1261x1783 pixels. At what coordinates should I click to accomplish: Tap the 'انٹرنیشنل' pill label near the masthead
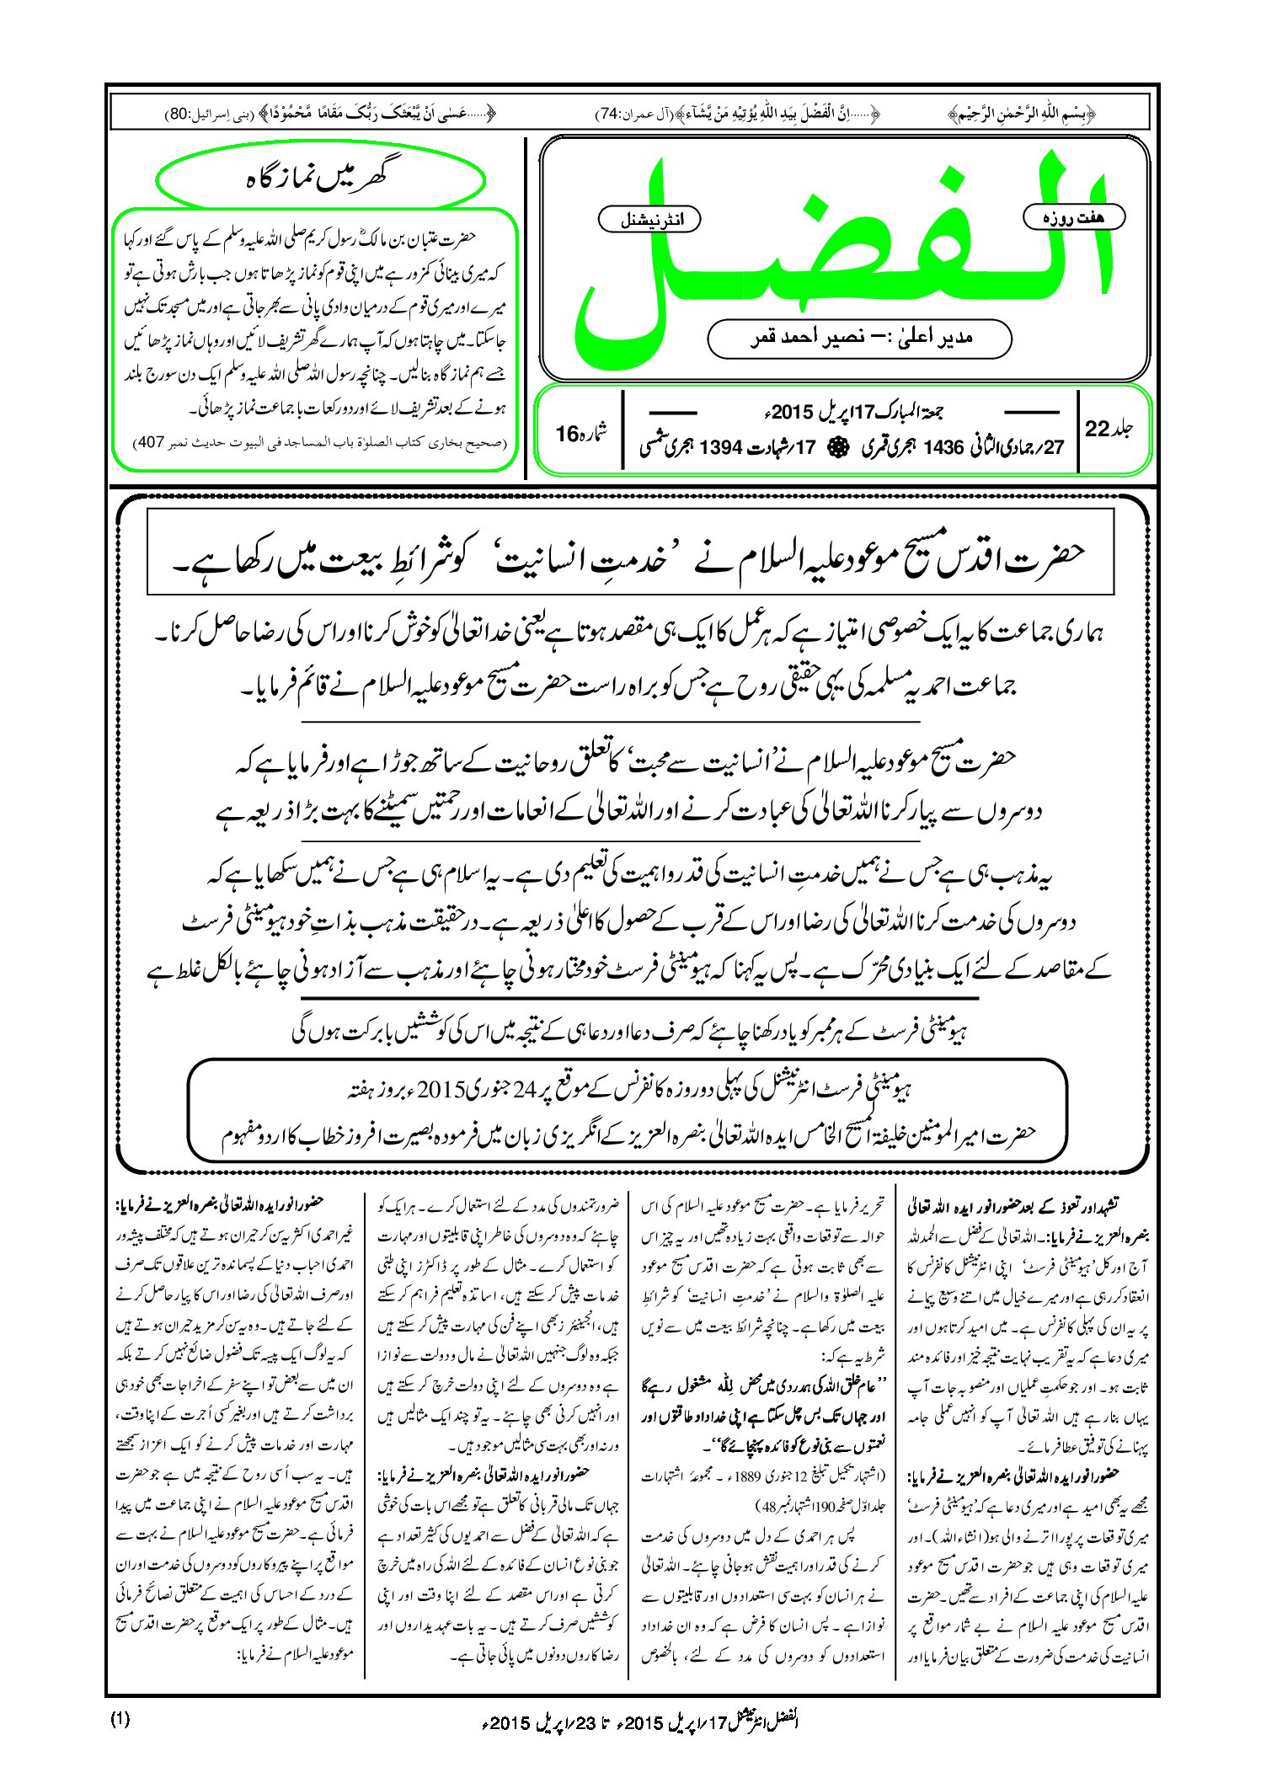point(649,220)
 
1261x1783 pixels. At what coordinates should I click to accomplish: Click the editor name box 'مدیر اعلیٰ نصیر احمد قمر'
point(859,338)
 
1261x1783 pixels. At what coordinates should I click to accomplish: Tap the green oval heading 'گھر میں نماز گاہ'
point(321,179)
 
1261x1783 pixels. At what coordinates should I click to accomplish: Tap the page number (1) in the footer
point(120,1719)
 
